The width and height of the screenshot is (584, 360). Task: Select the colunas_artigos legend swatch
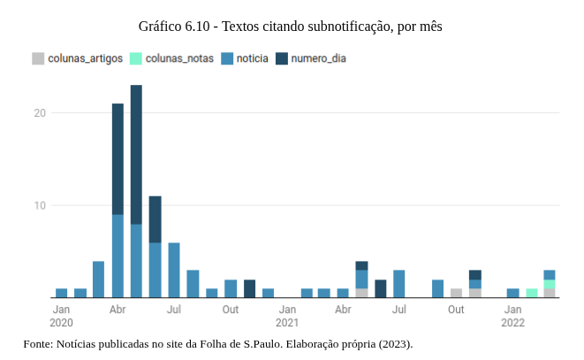tap(38, 59)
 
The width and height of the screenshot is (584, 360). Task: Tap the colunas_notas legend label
tap(179, 59)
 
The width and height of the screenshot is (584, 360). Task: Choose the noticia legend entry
tap(252, 59)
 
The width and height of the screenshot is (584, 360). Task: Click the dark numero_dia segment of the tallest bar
tap(136, 155)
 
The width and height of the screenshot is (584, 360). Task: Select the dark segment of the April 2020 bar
tap(118, 159)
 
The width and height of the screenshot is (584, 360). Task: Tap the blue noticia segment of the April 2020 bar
tap(118, 257)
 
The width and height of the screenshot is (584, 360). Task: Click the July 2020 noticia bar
tap(174, 270)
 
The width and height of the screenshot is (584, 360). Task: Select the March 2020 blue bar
tap(98, 280)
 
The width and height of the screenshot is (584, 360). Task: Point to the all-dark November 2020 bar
tap(249, 288)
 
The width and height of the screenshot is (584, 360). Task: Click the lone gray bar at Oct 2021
tap(456, 293)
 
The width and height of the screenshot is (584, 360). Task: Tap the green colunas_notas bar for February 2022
tap(531, 293)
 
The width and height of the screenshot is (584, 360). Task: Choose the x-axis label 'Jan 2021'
tap(287, 316)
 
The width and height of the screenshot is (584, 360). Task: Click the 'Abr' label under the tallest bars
tap(118, 310)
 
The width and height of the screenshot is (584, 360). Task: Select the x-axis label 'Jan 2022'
tap(513, 316)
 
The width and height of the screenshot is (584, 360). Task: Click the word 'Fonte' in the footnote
tap(37, 343)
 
